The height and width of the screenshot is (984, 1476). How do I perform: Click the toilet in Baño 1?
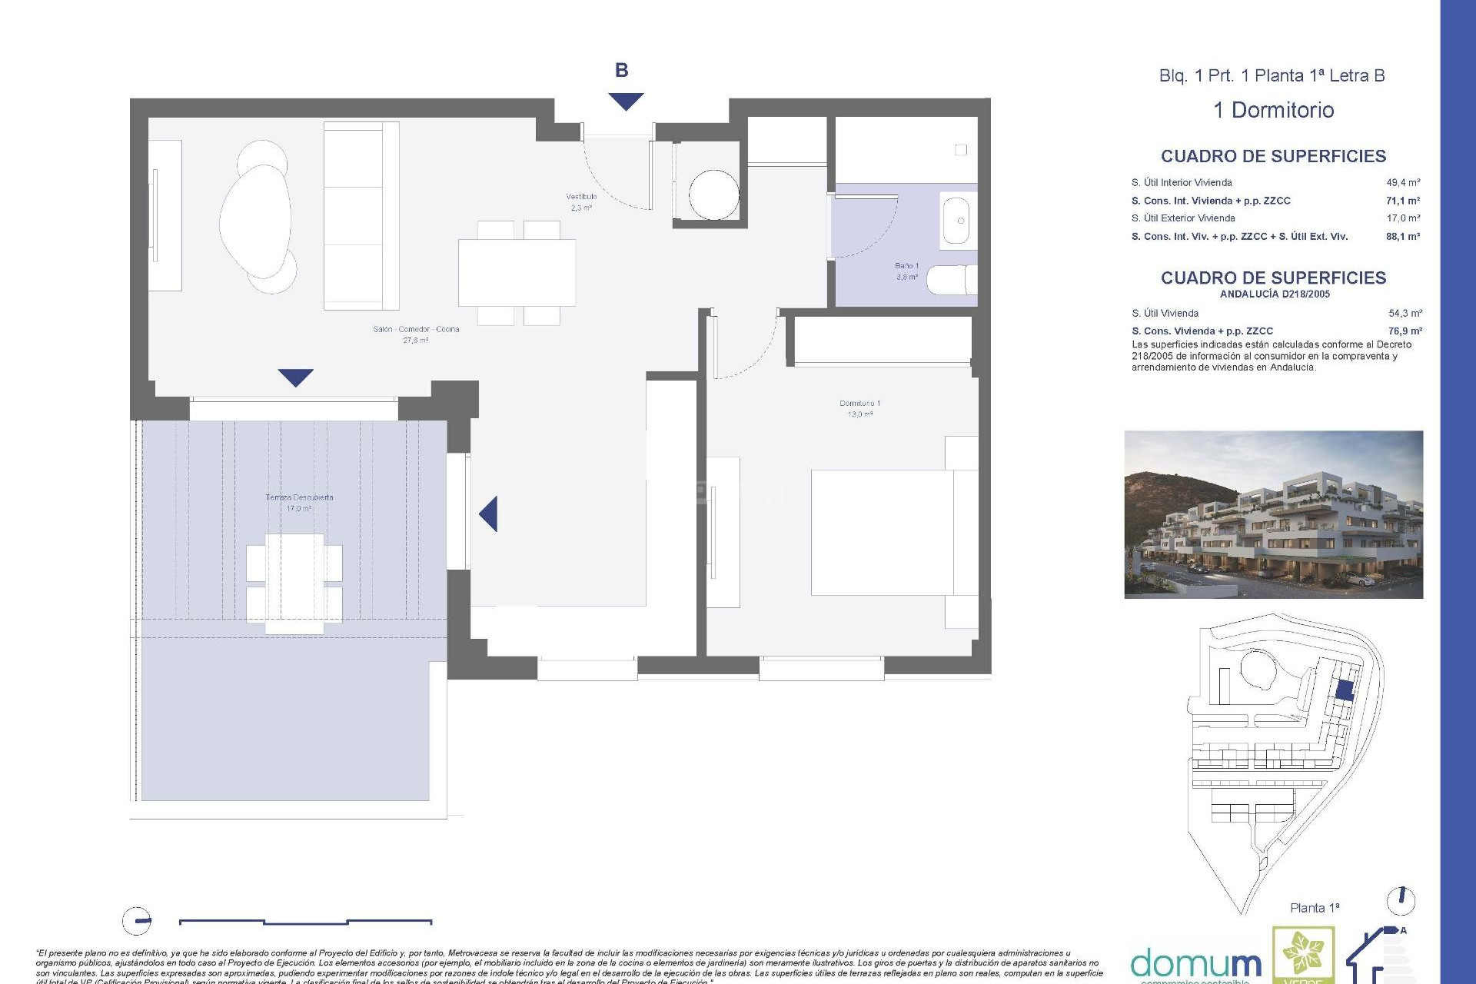pyautogui.click(x=952, y=280)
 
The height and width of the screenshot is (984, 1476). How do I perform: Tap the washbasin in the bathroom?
pyautogui.click(x=956, y=221)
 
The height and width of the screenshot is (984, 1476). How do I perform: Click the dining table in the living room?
pyautogui.click(x=517, y=272)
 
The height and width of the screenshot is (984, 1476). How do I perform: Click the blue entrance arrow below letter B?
pyautogui.click(x=626, y=101)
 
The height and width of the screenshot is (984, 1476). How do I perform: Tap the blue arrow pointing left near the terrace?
pyautogui.click(x=489, y=514)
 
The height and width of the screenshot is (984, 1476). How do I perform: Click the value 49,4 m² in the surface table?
pyautogui.click(x=1403, y=183)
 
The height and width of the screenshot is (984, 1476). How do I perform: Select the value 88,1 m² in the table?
pyautogui.click(x=1403, y=237)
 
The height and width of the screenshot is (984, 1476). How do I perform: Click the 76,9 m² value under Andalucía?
pyautogui.click(x=1405, y=331)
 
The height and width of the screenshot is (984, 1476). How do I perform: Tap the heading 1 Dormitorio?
pyautogui.click(x=1273, y=110)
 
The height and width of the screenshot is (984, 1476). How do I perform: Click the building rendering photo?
pyautogui.click(x=1273, y=514)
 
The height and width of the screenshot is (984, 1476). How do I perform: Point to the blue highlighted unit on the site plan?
pyautogui.click(x=1343, y=690)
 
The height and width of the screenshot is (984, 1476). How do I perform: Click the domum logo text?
pyautogui.click(x=1195, y=963)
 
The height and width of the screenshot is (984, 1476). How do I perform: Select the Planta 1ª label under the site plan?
pyautogui.click(x=1314, y=908)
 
